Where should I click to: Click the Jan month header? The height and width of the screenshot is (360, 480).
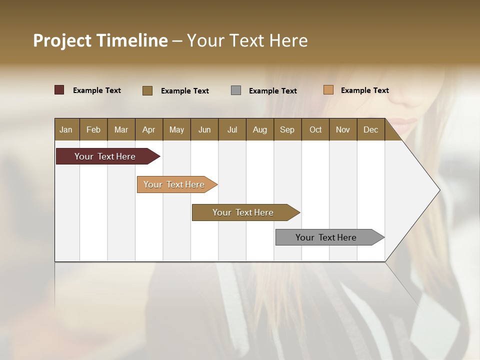pyautogui.click(x=66, y=129)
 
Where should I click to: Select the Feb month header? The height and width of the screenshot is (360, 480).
pyautogui.click(x=93, y=129)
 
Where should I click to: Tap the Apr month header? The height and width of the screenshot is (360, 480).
pyautogui.click(x=148, y=129)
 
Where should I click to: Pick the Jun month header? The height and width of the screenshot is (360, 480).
pyautogui.click(x=204, y=129)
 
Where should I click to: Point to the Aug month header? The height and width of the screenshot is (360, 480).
pyautogui.click(x=259, y=129)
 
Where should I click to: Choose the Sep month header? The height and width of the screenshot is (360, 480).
pyautogui.click(x=287, y=129)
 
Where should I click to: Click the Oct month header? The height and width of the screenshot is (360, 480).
pyautogui.click(x=315, y=129)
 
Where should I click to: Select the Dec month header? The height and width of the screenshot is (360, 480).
pyautogui.click(x=370, y=129)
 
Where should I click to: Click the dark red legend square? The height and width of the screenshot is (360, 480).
pyautogui.click(x=59, y=90)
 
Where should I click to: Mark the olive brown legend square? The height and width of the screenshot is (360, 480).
pyautogui.click(x=147, y=90)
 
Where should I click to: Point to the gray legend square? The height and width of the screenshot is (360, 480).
pyautogui.click(x=236, y=90)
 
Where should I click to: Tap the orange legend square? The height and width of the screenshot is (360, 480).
pyautogui.click(x=328, y=90)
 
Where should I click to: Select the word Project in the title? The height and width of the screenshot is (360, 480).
pyautogui.click(x=62, y=40)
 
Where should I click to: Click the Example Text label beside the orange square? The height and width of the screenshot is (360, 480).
pyautogui.click(x=364, y=90)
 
